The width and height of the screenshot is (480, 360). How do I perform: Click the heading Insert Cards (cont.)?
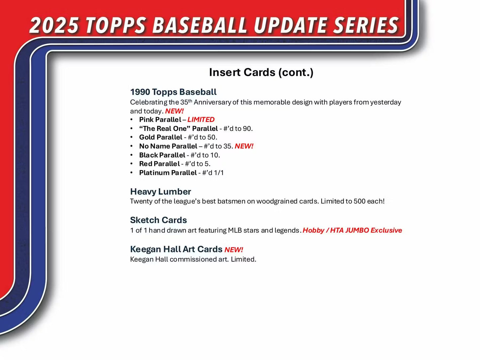pyautogui.click(x=261, y=72)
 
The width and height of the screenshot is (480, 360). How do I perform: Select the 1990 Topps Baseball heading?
pyautogui.click(x=173, y=92)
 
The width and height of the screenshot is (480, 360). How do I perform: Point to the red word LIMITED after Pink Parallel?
pyautogui.click(x=201, y=120)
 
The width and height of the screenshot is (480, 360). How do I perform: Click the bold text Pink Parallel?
pyautogui.click(x=160, y=120)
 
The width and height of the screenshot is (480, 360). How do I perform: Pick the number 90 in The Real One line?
pyautogui.click(x=247, y=129)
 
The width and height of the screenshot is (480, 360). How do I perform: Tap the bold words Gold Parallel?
pyautogui.click(x=160, y=137)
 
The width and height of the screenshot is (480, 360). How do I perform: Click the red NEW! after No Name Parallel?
pyautogui.click(x=244, y=146)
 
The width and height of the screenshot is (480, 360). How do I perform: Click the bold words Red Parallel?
pyautogui.click(x=159, y=164)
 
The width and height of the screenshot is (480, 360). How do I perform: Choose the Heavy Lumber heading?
pyautogui.click(x=160, y=192)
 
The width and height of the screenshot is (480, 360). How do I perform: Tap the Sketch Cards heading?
pyautogui.click(x=158, y=220)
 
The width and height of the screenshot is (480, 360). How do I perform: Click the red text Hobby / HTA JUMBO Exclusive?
pyautogui.click(x=352, y=230)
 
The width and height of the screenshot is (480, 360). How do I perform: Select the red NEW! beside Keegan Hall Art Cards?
pyautogui.click(x=234, y=250)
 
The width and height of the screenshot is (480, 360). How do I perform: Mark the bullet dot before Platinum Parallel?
pyautogui.click(x=132, y=173)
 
